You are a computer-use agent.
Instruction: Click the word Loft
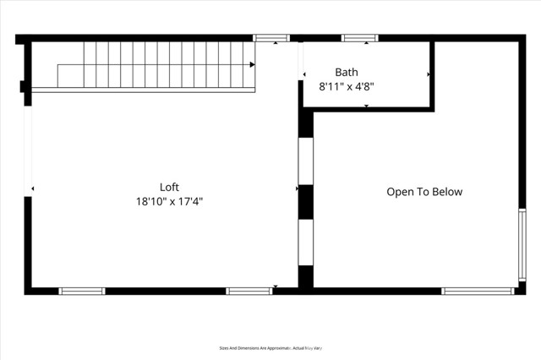click(169, 187)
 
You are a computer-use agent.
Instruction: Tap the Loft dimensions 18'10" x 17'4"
click(169, 202)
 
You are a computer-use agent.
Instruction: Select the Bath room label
click(347, 73)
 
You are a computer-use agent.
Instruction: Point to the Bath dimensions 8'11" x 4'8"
click(347, 86)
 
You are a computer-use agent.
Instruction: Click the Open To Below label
click(424, 192)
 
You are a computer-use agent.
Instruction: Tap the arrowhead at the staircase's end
click(252, 64)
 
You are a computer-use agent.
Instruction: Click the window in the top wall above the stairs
click(271, 38)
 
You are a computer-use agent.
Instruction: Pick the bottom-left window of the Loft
click(81, 291)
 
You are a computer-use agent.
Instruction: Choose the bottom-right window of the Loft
click(249, 291)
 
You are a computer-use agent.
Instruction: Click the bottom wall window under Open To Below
click(478, 291)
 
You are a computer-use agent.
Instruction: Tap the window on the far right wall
click(522, 244)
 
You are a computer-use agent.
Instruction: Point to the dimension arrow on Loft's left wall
click(33, 188)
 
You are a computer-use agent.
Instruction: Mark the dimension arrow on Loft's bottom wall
click(275, 287)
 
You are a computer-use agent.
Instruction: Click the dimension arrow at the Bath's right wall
click(429, 74)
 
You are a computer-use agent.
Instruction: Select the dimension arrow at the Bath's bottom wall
click(366, 106)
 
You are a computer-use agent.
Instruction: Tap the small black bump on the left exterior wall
click(24, 85)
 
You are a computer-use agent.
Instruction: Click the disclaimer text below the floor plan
click(270, 347)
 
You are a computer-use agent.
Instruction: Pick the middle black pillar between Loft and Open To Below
click(305, 202)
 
